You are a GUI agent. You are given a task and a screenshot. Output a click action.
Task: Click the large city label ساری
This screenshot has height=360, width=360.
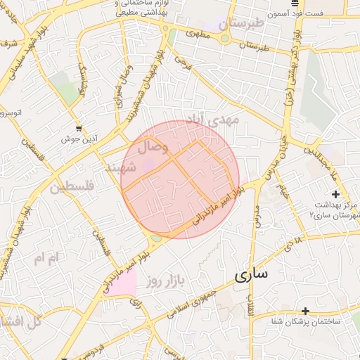coord(250,275)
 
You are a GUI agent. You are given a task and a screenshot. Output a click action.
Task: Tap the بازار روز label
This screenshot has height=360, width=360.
coord(165,282)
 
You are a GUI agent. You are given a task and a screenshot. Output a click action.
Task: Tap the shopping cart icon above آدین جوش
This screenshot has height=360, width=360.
coord(79,128)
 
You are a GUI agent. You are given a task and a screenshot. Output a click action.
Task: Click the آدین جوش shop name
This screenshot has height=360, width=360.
coord(77,139)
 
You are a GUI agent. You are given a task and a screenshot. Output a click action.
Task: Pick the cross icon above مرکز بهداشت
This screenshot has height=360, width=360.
coord(335,193)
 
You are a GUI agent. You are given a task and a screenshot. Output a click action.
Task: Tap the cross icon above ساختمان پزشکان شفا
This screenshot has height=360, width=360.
coord(305,311)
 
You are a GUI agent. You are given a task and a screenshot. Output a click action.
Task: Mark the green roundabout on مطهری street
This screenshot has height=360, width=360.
coord(224,39)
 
